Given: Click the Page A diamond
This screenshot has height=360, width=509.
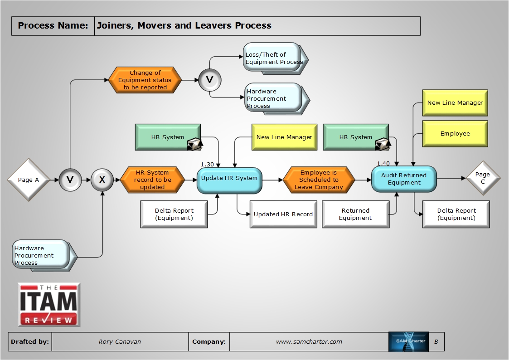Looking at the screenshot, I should click(x=29, y=180).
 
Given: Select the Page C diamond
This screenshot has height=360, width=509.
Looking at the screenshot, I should click(x=483, y=178).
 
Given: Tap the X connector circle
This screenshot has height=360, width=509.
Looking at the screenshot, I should click(x=102, y=180).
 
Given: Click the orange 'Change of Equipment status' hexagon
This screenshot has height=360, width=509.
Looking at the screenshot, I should click(x=145, y=80).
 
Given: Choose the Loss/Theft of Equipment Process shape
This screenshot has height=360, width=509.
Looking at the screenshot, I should click(x=273, y=58).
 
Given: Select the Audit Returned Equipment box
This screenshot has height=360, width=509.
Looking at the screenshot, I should click(x=404, y=179).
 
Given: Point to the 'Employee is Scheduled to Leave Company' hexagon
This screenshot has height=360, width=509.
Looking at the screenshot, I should click(x=319, y=180).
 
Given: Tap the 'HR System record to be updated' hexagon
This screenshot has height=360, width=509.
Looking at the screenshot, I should click(x=152, y=180).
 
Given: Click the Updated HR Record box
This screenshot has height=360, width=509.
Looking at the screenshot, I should click(x=283, y=214).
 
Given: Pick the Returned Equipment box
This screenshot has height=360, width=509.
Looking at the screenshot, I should click(x=356, y=214).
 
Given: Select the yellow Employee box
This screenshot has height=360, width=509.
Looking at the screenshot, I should click(x=455, y=134).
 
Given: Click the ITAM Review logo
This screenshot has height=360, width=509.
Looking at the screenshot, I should click(x=49, y=305).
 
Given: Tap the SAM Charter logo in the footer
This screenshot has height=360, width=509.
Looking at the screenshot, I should click(x=408, y=342).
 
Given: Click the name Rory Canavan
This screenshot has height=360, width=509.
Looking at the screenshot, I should click(x=120, y=342).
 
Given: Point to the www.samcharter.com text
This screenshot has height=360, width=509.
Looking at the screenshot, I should click(x=309, y=342).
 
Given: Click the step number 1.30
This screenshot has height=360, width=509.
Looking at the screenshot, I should click(x=207, y=164).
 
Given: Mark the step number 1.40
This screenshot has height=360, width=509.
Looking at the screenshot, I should click(x=383, y=163).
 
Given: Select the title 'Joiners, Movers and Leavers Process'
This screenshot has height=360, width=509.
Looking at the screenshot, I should click(x=184, y=26).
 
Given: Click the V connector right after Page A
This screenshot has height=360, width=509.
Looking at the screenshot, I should click(x=70, y=180).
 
